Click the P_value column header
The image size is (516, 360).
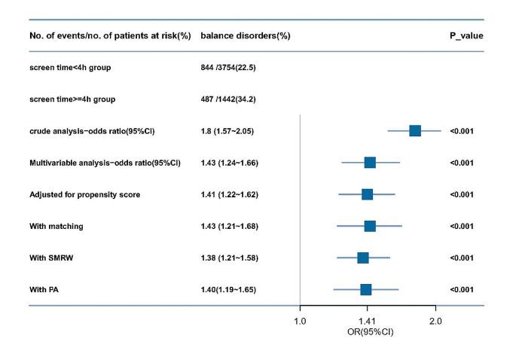click(466, 36)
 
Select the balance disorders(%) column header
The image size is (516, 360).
click(245, 36)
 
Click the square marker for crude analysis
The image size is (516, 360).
click(414, 131)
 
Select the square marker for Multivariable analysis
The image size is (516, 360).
click(370, 163)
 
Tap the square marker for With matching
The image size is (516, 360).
click(370, 226)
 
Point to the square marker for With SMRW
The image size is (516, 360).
click(363, 258)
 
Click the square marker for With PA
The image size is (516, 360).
click(366, 289)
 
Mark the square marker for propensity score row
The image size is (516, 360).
click(367, 194)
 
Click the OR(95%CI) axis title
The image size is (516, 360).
click(367, 331)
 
